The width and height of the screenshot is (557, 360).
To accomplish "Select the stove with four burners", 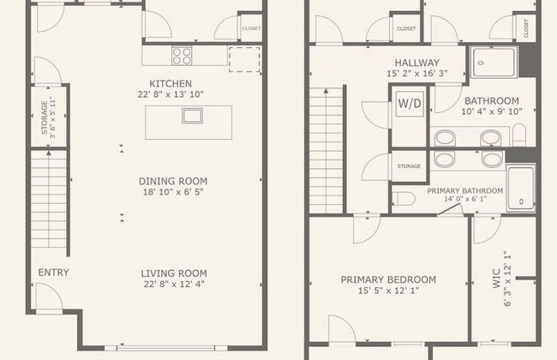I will click(182, 56).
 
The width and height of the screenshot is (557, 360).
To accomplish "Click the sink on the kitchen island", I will click(190, 116).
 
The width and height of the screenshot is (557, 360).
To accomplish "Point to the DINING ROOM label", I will click(175, 181).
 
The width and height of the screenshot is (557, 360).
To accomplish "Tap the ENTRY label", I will click(53, 273).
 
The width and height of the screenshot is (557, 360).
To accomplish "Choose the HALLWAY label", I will click(417, 63).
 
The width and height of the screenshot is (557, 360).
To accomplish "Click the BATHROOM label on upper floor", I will click(492, 100).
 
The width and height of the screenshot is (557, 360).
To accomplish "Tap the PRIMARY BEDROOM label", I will click(388, 279).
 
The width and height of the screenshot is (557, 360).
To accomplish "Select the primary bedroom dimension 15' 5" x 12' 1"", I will click(388, 291).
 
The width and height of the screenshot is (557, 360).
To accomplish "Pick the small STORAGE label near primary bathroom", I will click(410, 165).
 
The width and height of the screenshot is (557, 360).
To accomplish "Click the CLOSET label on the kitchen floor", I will click(251, 28).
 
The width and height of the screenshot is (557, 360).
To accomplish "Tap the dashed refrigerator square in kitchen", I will click(243, 57).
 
